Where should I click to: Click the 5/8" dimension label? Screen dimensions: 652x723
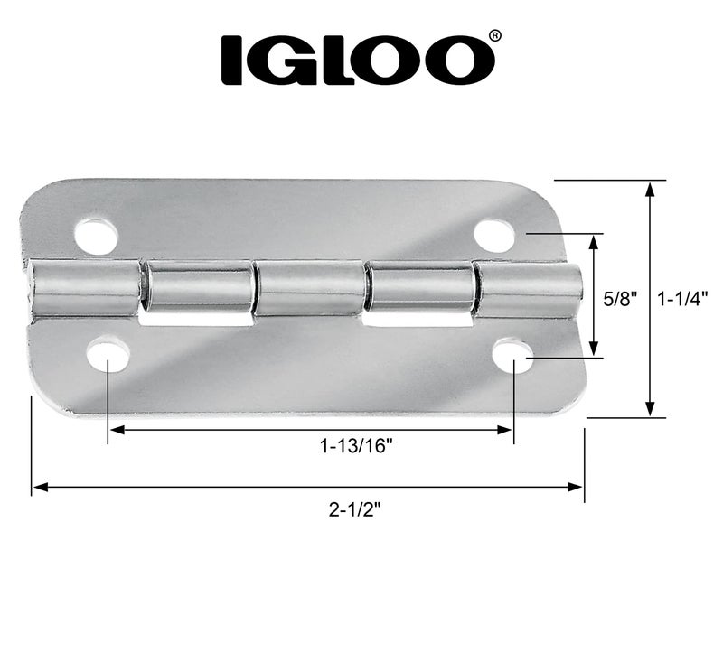[622, 298]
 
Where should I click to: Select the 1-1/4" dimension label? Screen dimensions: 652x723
[682, 298]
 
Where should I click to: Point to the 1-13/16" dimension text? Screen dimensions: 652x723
[356, 445]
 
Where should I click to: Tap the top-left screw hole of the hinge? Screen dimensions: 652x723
[96, 236]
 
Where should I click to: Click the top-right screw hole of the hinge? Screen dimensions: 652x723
[493, 236]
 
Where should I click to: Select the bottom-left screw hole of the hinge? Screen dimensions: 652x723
[107, 355]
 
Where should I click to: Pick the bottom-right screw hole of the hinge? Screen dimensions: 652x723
[512, 355]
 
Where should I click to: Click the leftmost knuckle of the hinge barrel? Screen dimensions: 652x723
[85, 288]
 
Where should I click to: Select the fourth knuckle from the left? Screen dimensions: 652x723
[420, 288]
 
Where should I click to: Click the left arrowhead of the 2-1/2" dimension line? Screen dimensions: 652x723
[39, 488]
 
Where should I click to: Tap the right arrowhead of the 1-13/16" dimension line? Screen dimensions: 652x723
[507, 432]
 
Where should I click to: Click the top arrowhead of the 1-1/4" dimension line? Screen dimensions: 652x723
[650, 188]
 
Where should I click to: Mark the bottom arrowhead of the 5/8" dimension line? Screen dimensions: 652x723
[594, 351]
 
